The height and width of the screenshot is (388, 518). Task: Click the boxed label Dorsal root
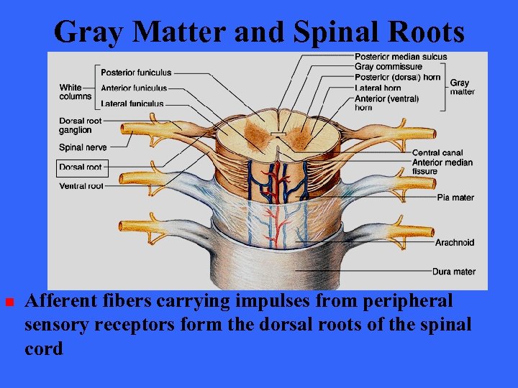click(x=81, y=168)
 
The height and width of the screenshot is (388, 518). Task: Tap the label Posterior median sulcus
click(x=401, y=57)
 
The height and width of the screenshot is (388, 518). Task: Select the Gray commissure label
click(x=388, y=67)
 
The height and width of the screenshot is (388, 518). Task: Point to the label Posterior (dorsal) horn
click(x=397, y=78)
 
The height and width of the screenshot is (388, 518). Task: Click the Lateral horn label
click(x=378, y=88)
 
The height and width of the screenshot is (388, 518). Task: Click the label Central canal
click(x=437, y=153)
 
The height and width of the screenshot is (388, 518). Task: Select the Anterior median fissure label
click(x=442, y=167)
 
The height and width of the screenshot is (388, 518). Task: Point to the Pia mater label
click(x=454, y=198)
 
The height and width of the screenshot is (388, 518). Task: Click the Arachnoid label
click(x=455, y=243)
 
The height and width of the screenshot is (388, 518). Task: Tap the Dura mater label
click(x=454, y=272)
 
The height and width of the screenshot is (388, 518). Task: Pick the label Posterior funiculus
click(x=136, y=73)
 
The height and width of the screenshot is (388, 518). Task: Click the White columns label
click(x=76, y=92)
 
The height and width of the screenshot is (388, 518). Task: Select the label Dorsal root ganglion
click(x=81, y=126)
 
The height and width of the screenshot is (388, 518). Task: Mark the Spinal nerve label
click(x=83, y=148)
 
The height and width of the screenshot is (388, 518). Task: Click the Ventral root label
click(x=81, y=186)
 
